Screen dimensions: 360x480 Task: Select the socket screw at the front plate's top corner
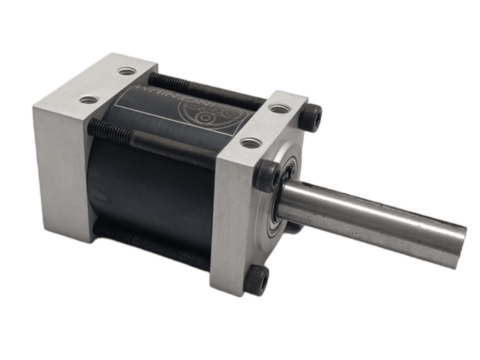(311, 117)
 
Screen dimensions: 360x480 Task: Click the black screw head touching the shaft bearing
(267, 176)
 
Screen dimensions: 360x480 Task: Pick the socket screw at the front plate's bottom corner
(256, 282)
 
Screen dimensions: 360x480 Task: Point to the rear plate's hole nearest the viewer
(89, 100)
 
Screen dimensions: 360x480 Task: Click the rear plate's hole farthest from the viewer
(126, 71)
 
